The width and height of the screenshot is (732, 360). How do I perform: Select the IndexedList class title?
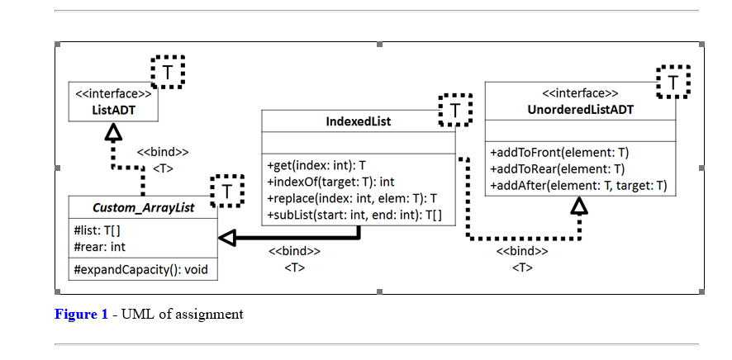point(358,121)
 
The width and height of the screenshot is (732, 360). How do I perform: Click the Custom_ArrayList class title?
point(143,207)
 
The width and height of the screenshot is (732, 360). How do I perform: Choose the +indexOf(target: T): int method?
point(330,181)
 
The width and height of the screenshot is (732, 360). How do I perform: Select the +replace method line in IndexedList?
point(352,198)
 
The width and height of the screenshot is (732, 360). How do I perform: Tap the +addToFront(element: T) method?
point(559,153)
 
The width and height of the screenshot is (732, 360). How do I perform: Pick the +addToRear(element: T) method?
point(557,169)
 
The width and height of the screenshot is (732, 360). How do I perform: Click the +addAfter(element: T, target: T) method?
point(578,186)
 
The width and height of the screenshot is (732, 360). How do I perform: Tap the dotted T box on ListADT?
point(168,72)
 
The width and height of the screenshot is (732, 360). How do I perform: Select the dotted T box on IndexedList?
point(454,109)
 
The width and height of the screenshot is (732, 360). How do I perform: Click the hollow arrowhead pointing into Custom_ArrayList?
point(228,238)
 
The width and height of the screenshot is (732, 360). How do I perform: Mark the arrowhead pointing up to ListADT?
point(114,132)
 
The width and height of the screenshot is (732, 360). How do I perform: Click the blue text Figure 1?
point(81,315)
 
